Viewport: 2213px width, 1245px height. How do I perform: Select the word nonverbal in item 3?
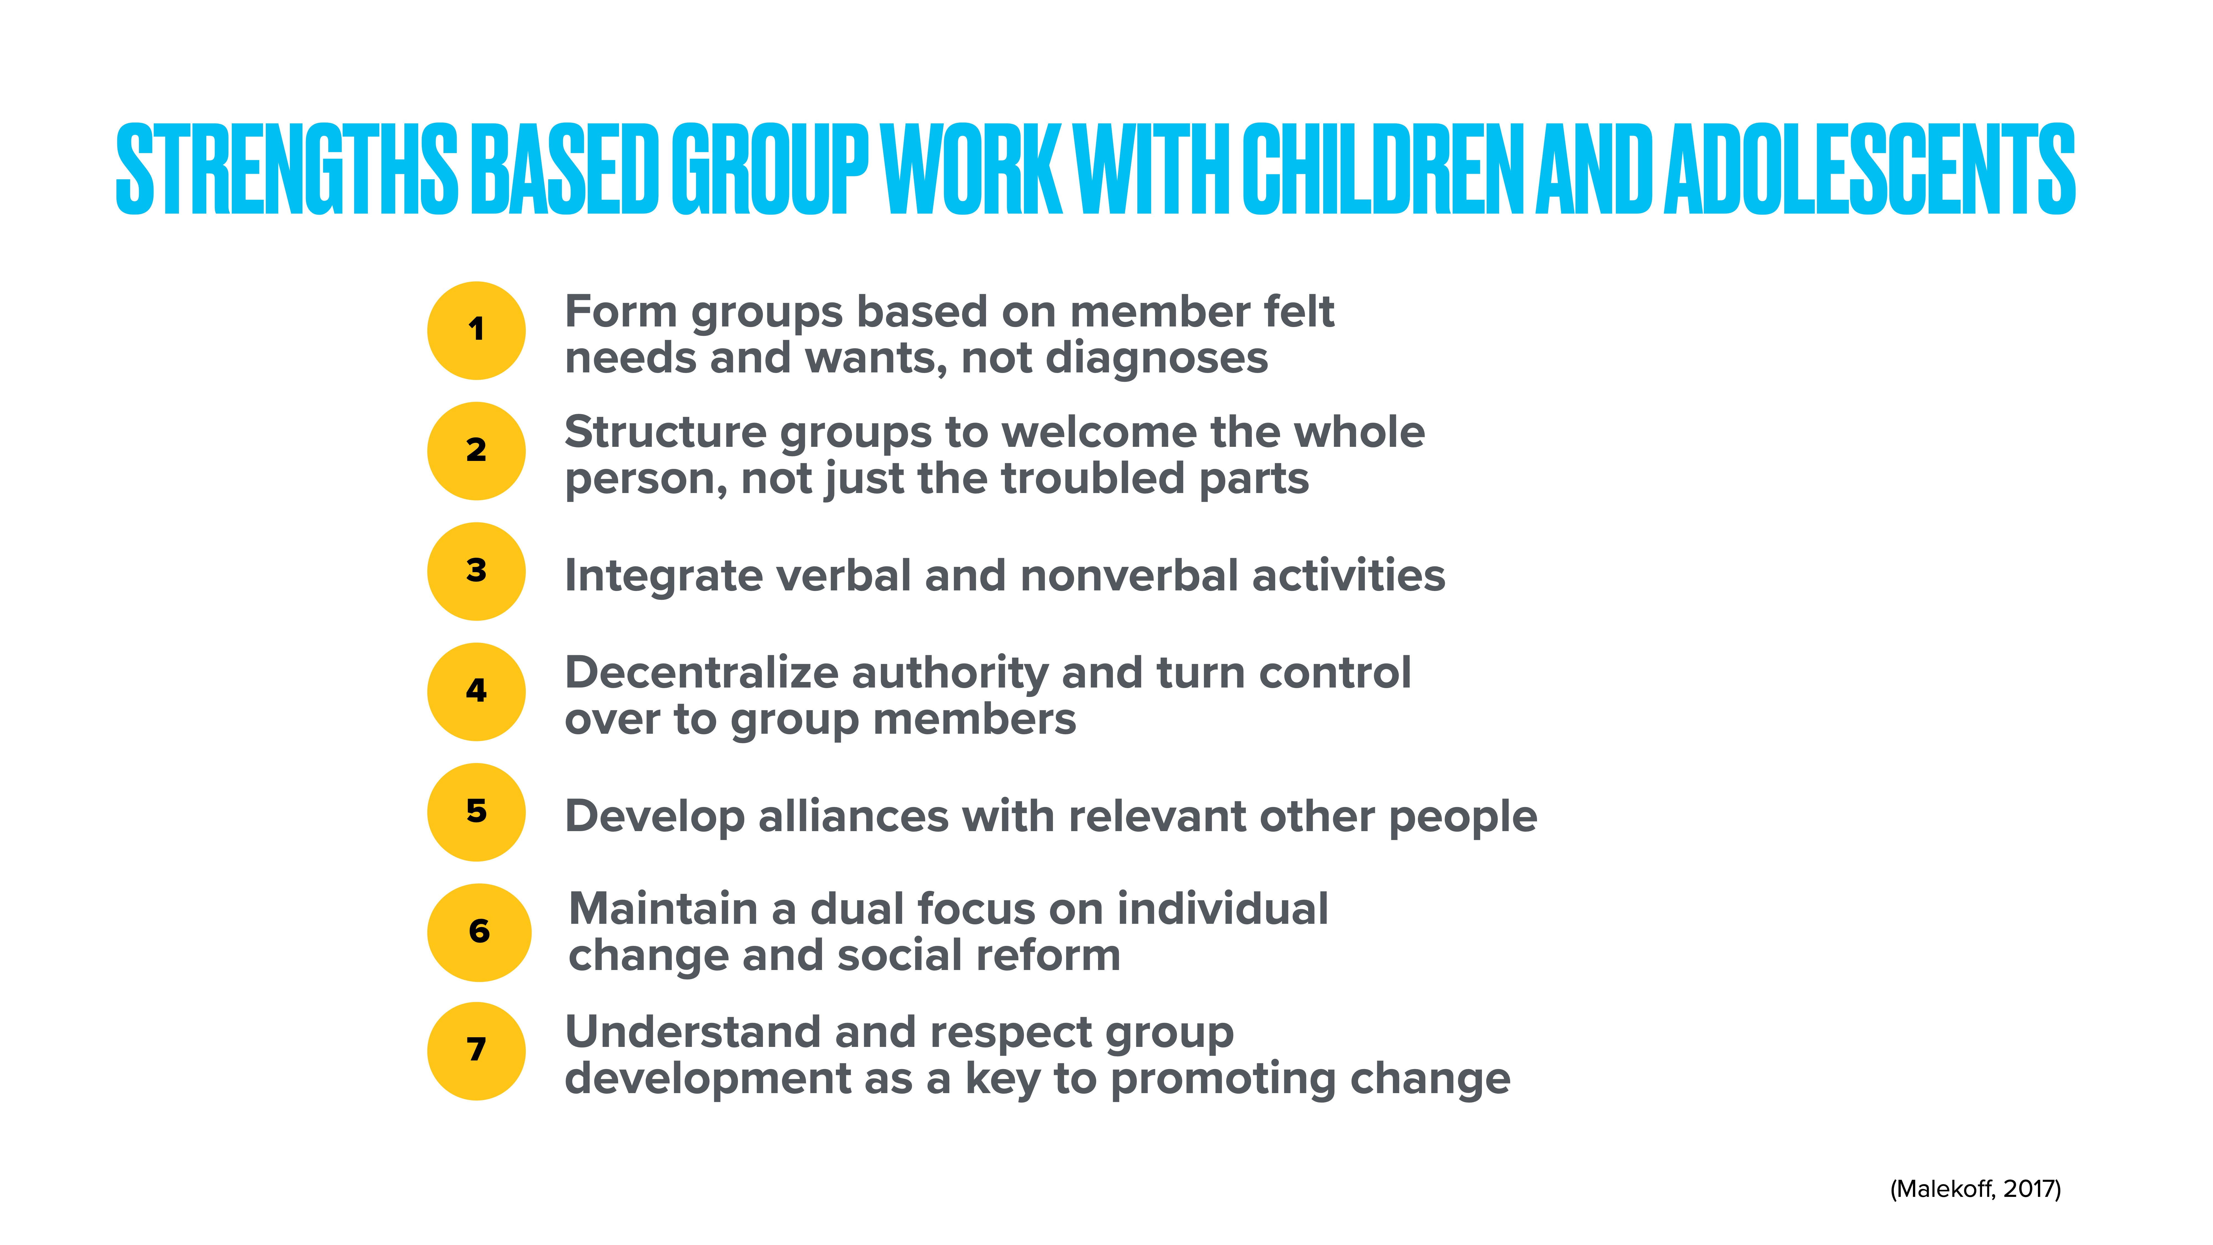coord(1129,576)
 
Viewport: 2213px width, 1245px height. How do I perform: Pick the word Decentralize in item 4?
coord(701,673)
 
